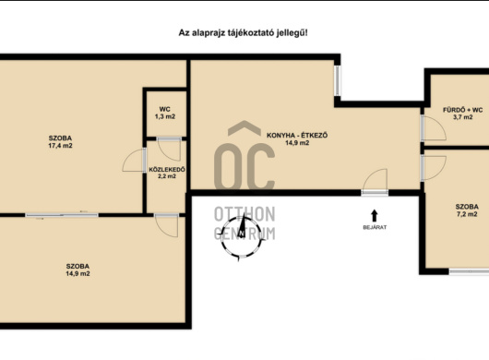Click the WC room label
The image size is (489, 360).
click(x=164, y=109)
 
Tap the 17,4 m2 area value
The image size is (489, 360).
click(x=60, y=146)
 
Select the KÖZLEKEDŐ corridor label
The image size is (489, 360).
click(x=167, y=170)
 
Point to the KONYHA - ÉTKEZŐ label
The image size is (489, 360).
click(x=297, y=136)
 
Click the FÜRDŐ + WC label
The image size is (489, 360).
click(x=463, y=110)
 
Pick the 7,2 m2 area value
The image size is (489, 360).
click(x=467, y=214)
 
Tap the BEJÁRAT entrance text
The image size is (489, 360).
click(x=375, y=227)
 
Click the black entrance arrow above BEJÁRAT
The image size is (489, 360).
click(x=375, y=216)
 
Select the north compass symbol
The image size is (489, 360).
click(x=242, y=236)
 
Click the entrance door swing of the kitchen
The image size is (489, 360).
click(x=376, y=182)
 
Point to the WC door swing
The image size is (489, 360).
click(x=169, y=149)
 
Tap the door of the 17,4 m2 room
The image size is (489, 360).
click(x=135, y=160)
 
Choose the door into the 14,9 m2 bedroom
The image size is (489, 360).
click(x=166, y=225)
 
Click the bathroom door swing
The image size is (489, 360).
click(x=433, y=128)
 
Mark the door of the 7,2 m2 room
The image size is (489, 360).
click(x=433, y=168)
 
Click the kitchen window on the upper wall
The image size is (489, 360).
click(x=337, y=80)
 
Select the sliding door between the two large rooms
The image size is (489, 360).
click(x=62, y=215)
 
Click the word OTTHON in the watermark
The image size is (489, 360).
click(x=244, y=214)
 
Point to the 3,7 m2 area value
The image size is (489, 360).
click(x=463, y=117)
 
